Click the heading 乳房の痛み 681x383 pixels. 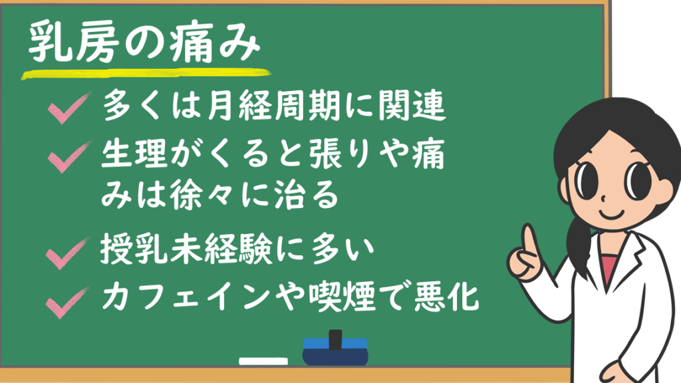144,42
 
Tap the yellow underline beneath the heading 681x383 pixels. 146,74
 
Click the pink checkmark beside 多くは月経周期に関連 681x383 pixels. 69,108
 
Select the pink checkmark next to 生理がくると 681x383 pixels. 69,157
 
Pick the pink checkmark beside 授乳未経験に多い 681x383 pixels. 68,253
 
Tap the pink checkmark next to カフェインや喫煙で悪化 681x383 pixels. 68,303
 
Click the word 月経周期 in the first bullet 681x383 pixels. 273,106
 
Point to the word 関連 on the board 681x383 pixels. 412,106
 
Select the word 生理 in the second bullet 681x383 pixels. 134,154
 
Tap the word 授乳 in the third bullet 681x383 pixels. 134,249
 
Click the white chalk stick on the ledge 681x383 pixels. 263,361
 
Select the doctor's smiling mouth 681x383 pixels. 612,213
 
